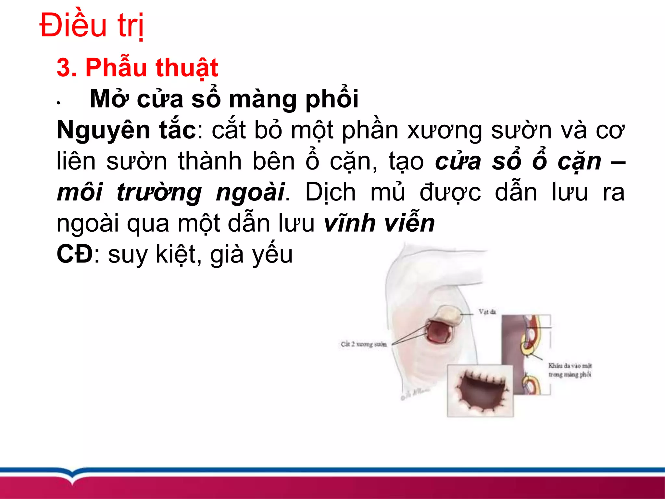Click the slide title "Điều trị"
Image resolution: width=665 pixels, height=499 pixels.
pos(92,25)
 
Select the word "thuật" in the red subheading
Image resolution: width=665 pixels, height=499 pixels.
pos(187,68)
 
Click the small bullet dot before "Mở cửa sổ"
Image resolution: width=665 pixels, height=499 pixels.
pos(58,103)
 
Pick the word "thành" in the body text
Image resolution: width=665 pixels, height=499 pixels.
pos(209,161)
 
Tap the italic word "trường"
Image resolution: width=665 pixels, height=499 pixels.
pos(159,192)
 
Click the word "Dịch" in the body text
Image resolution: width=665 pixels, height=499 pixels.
pos(330,192)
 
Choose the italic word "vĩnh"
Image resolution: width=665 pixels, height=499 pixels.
pos(349,223)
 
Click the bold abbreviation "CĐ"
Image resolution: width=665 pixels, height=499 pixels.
pos(75,254)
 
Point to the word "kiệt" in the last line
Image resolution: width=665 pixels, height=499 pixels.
pos(176,254)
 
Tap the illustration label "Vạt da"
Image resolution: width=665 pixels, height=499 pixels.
pos(487,312)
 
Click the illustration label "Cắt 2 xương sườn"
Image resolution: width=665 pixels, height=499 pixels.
pos(364,344)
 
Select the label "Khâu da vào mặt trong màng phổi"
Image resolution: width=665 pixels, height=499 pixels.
pos(570,370)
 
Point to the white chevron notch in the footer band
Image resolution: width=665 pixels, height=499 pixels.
pos(74,475)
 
